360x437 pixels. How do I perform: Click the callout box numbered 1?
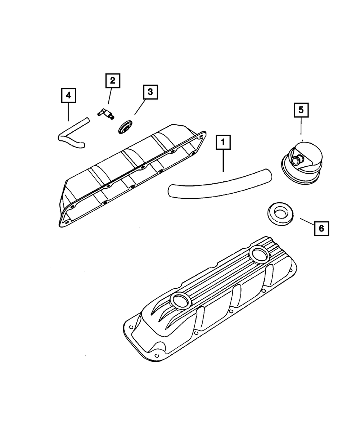pos(223,143)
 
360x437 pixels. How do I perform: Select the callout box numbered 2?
pos(113,81)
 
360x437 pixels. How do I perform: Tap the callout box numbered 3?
pos(150,92)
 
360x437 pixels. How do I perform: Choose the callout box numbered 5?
pos(301,110)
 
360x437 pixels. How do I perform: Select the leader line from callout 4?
pos(68,111)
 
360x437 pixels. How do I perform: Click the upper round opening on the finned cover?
pos(258,255)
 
